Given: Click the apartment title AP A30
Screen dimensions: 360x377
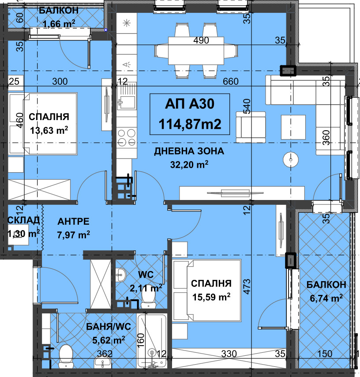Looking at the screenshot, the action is (190, 104).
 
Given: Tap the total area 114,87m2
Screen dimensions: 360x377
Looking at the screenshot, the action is (190, 124).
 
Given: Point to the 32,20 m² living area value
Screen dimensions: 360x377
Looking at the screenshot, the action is (189, 165).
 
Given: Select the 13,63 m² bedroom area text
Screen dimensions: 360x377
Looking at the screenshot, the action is (49, 130).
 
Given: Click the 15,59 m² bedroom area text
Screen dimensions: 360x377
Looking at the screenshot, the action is (211, 297).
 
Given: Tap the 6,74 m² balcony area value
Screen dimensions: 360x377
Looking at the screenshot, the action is (326, 298).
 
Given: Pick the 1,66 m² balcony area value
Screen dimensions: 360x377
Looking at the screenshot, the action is (59, 23).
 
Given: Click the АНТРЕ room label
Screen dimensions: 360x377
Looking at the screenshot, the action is (73, 221).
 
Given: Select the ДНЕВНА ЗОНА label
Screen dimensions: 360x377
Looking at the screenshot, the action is (189, 151).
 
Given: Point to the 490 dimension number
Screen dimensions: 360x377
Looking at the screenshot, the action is (201, 40).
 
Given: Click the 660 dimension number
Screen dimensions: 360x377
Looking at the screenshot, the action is (230, 82).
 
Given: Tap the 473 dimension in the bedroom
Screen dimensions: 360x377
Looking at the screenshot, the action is (247, 287).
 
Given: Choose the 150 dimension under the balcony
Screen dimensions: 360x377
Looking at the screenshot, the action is (325, 354).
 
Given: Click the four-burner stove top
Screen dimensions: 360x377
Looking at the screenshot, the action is (127, 137).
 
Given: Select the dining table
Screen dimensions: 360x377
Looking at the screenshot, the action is (196, 51).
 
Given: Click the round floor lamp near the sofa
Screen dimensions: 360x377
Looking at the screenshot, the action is (291, 160).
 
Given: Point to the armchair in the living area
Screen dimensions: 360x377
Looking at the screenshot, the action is (251, 127).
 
